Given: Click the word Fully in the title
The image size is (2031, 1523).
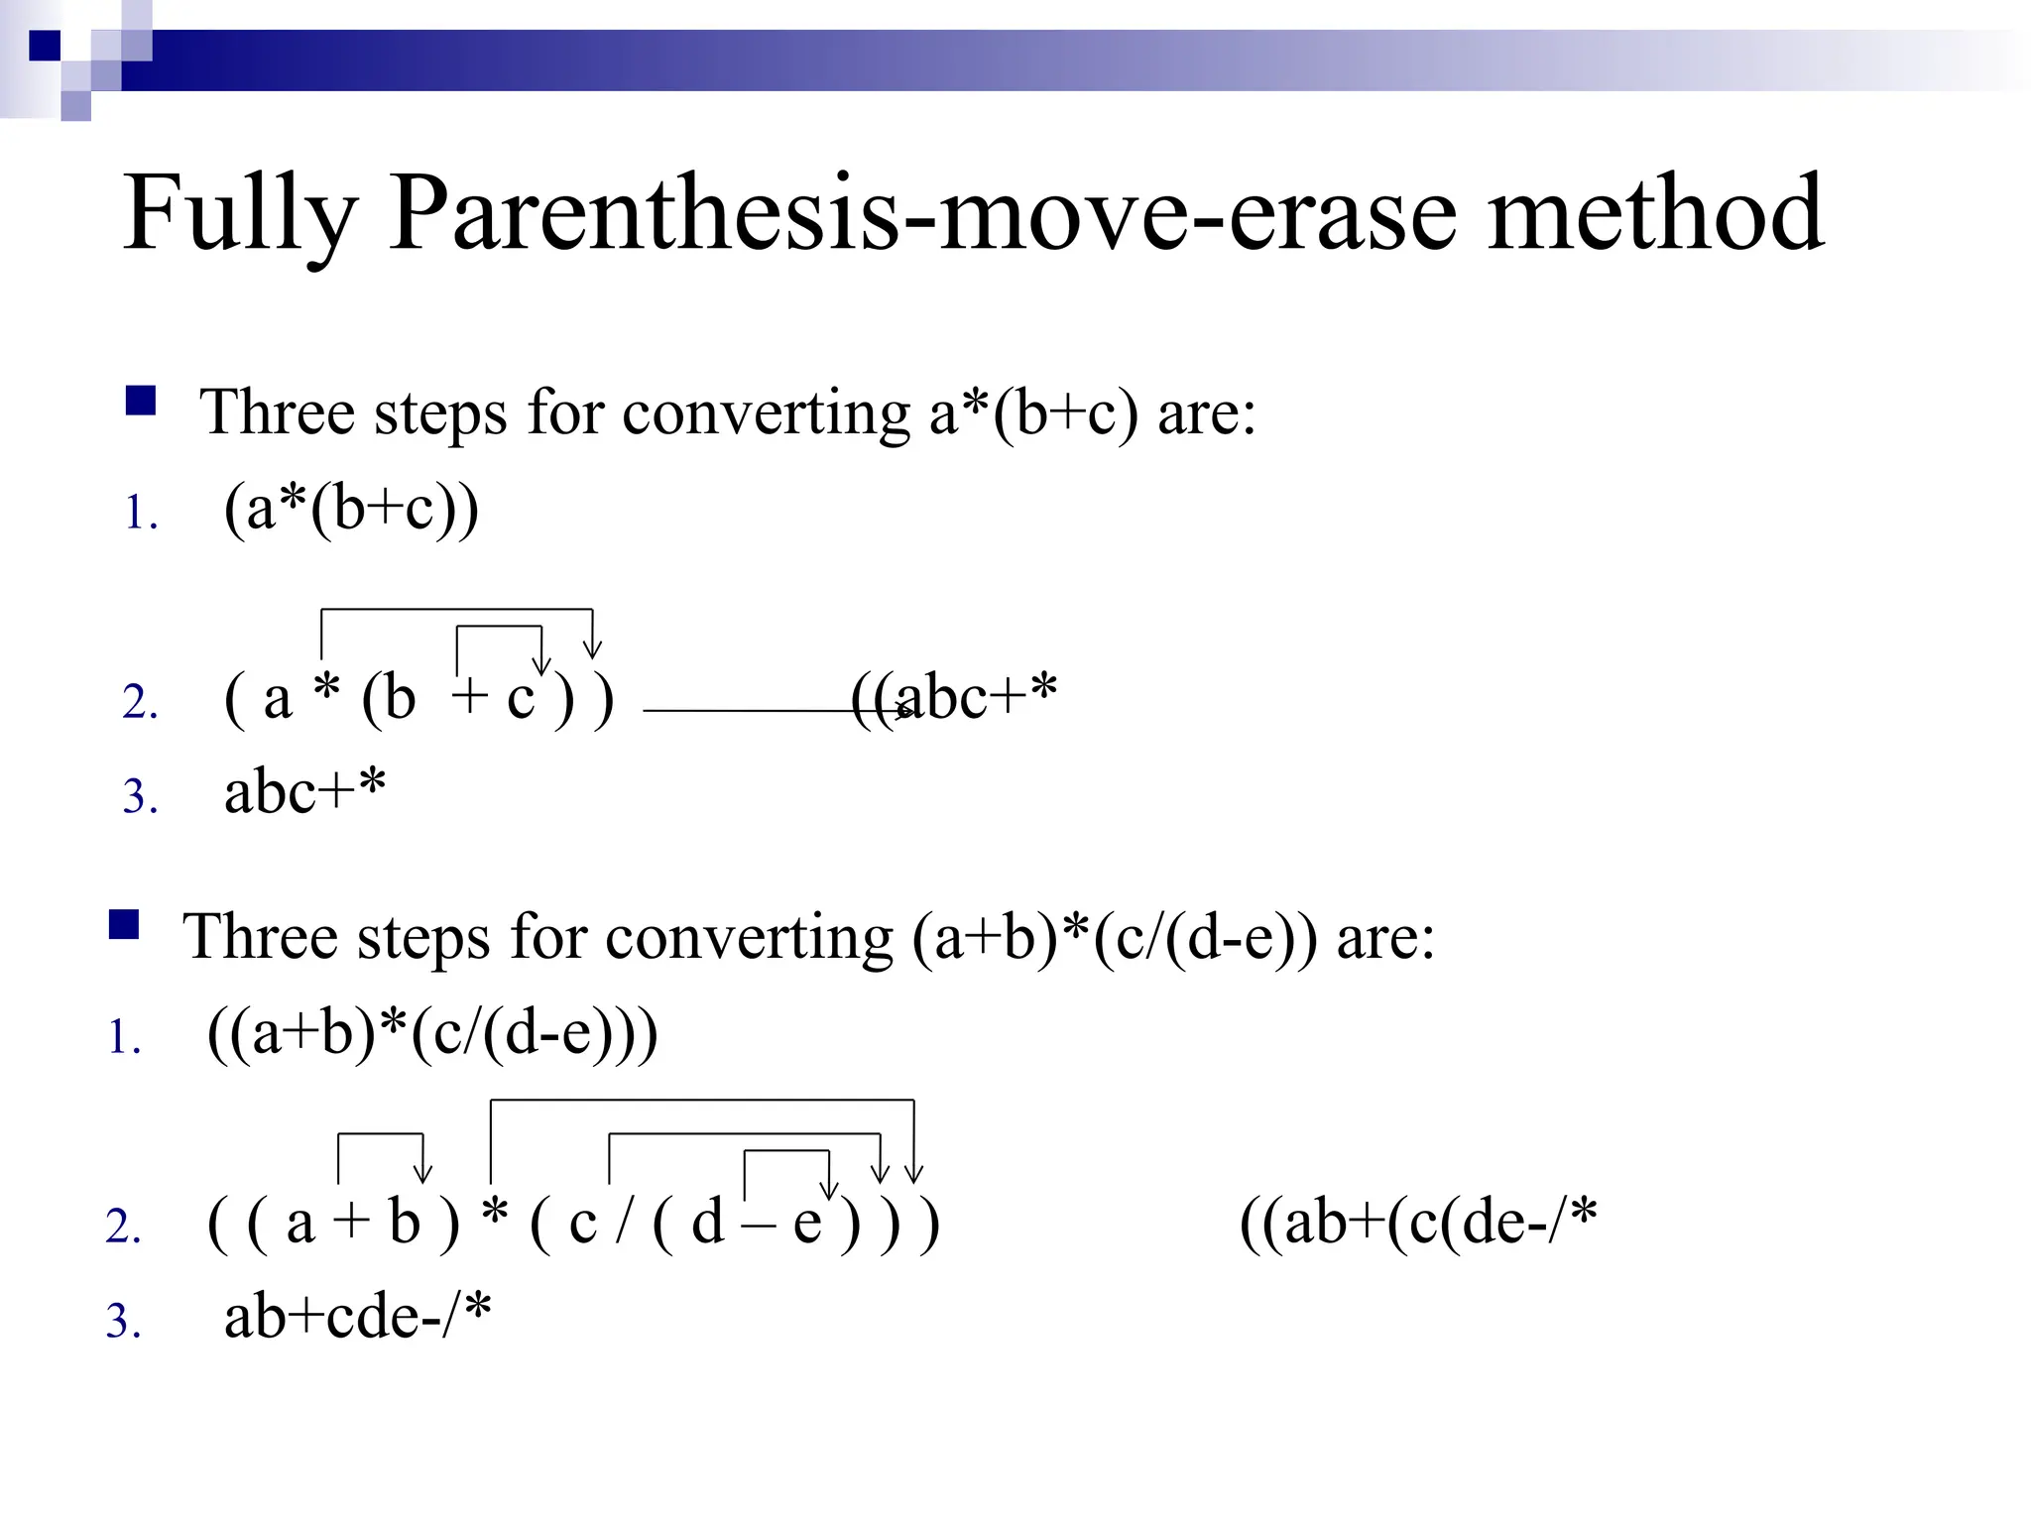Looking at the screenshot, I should tap(239, 213).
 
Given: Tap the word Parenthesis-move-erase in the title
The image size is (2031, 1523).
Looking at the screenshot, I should tap(921, 213).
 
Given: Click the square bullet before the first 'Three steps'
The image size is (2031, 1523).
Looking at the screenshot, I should tap(141, 401).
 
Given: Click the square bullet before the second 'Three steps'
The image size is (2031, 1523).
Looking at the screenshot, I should tap(124, 924).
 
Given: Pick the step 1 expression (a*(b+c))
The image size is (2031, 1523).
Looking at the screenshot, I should tap(351, 510).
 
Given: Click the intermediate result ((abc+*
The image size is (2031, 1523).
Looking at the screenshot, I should tap(954, 697).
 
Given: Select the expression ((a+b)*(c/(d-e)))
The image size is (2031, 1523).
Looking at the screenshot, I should tap(432, 1034).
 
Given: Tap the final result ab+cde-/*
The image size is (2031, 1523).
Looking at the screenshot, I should tap(357, 1317).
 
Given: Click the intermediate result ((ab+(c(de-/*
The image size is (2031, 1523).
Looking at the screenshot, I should tap(1418, 1222).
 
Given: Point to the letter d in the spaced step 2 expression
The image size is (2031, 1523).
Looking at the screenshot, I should tap(707, 1222).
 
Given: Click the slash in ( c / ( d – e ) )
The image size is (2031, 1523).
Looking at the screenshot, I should tap(624, 1222).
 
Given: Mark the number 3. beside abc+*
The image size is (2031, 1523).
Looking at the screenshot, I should tap(140, 796).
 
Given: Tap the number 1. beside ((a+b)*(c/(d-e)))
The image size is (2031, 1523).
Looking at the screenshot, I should tap(125, 1038).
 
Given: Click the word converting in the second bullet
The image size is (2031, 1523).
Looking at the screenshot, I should tap(750, 938).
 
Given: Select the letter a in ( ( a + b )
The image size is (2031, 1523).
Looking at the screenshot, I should tap(299, 1224).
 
